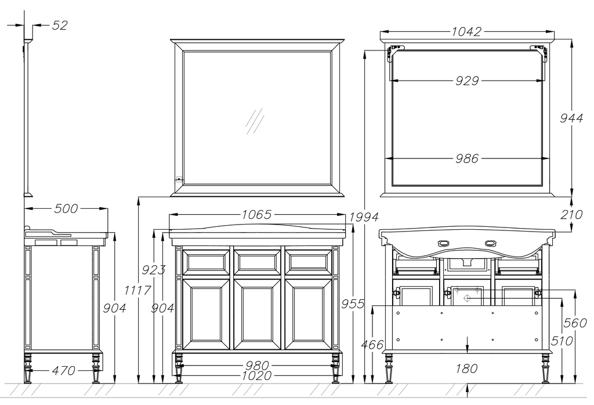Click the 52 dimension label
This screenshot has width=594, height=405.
60,26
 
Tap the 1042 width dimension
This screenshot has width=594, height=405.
466,31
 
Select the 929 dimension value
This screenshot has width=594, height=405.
467,81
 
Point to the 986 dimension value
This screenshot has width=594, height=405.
467,158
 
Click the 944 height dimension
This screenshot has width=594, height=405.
571,118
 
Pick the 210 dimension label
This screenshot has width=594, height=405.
571,215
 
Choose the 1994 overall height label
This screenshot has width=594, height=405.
364,217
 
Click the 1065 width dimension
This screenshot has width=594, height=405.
257,215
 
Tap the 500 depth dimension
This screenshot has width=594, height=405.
66,209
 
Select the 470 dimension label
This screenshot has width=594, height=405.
63,370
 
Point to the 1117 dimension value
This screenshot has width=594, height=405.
138,291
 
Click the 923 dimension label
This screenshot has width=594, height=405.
153,270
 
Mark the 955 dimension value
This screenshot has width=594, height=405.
353,304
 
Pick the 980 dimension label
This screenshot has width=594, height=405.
257,366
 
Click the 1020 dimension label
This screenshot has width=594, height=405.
257,375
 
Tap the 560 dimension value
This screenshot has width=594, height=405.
575,323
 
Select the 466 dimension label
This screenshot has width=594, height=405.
372,345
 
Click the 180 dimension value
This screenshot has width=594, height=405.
466,368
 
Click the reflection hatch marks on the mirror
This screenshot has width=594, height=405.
255,121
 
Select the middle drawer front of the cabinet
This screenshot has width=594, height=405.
257,262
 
